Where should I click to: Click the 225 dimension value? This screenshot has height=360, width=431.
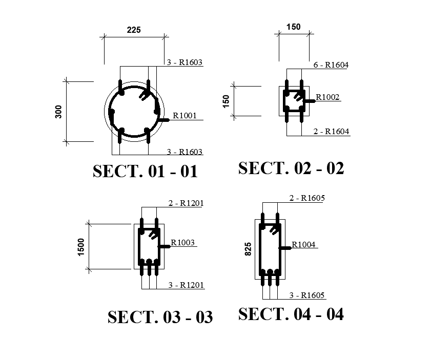coord(134,30)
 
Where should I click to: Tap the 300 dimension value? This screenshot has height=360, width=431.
coord(58,112)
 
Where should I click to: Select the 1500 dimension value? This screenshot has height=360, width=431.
coord(81,247)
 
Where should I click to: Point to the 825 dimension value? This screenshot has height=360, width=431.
coord(248,249)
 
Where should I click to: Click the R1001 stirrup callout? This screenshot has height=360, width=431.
coord(184,116)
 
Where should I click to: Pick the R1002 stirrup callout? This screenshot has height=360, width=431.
coord(327,97)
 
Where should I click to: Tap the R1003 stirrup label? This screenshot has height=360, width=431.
coord(183,242)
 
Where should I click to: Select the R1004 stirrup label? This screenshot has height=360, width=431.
coord(303,244)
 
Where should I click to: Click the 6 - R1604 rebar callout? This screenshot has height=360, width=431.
coord(331,65)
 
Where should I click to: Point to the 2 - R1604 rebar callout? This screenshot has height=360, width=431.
coord(332,131)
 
